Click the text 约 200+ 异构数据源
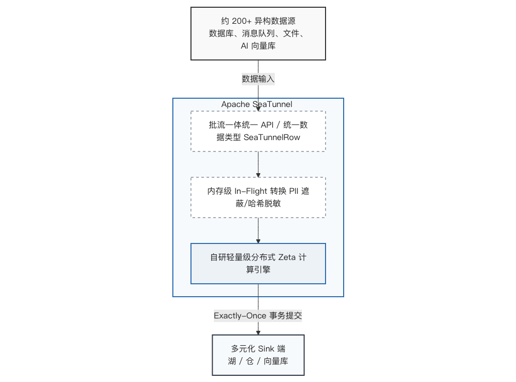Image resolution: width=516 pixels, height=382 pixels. tap(258, 21)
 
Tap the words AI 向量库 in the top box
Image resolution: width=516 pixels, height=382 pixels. tap(258, 46)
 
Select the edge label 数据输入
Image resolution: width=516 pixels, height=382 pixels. tap(258, 79)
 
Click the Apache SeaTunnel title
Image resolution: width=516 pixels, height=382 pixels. tap(257, 104)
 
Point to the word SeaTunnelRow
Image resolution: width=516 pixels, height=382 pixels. tap(272, 137)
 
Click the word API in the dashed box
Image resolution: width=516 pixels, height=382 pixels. tap(267, 125)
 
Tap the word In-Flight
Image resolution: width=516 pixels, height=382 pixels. tap(251, 191)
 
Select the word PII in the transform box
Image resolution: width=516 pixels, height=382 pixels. tap(293, 191)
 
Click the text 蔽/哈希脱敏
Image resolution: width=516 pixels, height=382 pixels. tap(258, 204)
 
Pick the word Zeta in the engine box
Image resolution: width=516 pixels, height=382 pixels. tap(287, 257)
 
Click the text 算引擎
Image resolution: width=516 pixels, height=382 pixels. tap(258, 269)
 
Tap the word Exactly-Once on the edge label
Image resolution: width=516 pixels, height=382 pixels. tap(240, 316)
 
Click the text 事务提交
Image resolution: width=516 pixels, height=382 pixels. tap(286, 316)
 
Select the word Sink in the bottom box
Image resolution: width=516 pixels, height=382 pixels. tap(266, 348)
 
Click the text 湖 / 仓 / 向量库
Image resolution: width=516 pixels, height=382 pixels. tap(258, 361)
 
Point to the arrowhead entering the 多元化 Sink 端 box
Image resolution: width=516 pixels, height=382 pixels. tap(258, 333)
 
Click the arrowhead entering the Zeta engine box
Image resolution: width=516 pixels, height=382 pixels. tap(258, 241)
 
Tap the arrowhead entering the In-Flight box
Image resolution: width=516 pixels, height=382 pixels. tap(258, 175)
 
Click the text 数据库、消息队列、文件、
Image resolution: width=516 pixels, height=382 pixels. tap(256, 34)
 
